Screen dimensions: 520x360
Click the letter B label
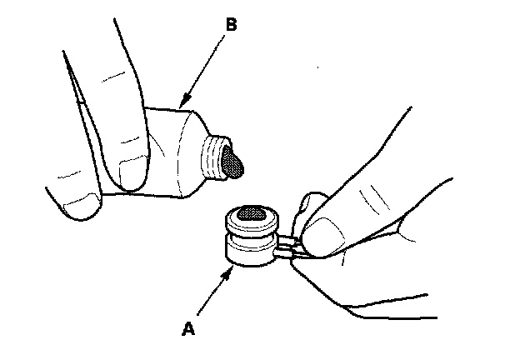tap(231, 26)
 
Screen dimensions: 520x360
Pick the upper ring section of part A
tap(250, 222)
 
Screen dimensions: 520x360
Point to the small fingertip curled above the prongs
tap(310, 201)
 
